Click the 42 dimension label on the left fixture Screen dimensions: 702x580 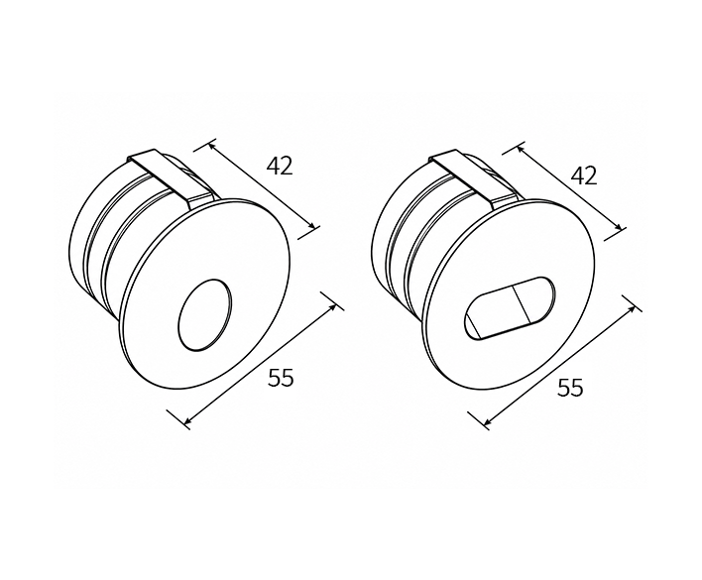coord(280,166)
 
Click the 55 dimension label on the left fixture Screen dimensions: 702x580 coord(282,378)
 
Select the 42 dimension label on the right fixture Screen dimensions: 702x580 coord(584,175)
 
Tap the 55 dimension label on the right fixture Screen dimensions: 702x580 coord(570,387)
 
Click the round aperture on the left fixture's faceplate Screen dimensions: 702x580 coord(205,315)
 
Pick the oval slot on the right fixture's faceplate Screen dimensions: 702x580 coord(509,308)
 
